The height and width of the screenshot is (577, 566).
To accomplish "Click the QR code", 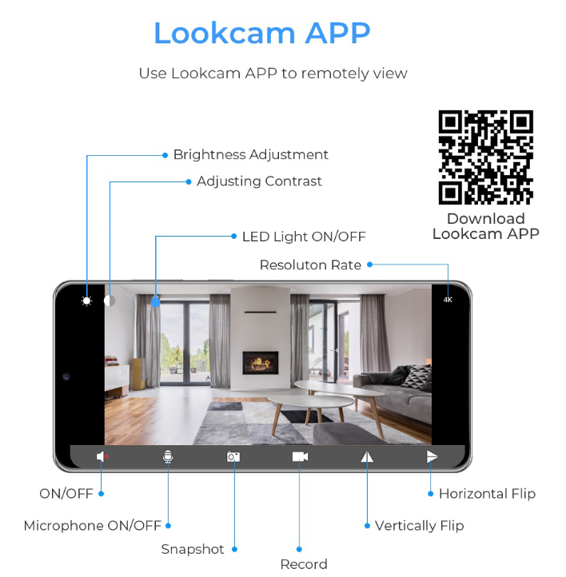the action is [486, 157].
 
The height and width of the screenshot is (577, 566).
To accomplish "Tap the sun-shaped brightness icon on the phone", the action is [86, 301].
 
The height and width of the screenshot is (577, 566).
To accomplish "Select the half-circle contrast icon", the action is [110, 300].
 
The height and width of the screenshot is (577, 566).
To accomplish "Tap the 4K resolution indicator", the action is [448, 300].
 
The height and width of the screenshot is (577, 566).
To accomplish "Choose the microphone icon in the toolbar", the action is [168, 456].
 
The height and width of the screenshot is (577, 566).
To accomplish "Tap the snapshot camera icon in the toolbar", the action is [233, 456].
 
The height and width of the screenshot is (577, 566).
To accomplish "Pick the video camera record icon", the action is [300, 456].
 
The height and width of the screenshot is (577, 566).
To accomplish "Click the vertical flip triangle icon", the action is [367, 456].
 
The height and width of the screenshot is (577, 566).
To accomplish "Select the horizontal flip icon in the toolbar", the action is [432, 456].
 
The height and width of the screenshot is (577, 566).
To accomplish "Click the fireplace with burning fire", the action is [260, 363].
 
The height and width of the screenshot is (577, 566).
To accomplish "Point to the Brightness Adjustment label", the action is [250, 154].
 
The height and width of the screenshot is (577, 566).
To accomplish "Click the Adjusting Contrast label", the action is [259, 181].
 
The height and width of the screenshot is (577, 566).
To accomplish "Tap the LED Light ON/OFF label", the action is [304, 237].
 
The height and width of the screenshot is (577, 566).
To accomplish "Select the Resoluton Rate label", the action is [310, 265].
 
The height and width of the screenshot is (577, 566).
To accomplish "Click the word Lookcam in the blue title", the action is [225, 33].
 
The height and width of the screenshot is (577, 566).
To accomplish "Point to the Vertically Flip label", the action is [419, 526].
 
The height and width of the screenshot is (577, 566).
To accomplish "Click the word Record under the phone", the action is [304, 564].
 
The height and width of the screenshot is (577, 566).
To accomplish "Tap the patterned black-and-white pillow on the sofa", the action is [417, 376].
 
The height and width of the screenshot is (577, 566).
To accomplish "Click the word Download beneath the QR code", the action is [486, 219].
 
